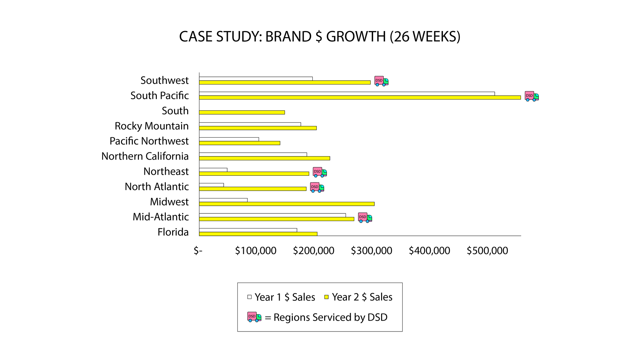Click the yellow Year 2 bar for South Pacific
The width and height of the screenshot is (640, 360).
pyautogui.click(x=360, y=98)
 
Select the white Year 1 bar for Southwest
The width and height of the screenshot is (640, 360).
pyautogui.click(x=256, y=79)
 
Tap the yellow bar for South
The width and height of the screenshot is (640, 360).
pyautogui.click(x=242, y=112)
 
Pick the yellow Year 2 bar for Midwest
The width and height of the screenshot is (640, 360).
pyautogui.click(x=286, y=204)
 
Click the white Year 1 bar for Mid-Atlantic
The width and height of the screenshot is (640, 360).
pyautogui.click(x=272, y=215)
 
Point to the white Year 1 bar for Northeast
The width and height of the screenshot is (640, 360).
pyautogui.click(x=213, y=170)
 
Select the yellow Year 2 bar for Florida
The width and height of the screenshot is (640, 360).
pyautogui.click(x=258, y=234)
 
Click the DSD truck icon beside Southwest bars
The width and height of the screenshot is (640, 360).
pyautogui.click(x=381, y=81)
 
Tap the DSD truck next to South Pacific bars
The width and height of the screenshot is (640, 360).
pyautogui.click(x=532, y=96)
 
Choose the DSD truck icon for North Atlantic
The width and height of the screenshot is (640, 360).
pyautogui.click(x=317, y=187)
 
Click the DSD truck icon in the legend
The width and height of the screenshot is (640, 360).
pyautogui.click(x=254, y=317)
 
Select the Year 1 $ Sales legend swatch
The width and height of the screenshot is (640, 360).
pyautogui.click(x=250, y=297)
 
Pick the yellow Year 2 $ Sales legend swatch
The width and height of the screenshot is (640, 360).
pyautogui.click(x=326, y=297)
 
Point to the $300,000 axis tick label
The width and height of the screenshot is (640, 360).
pyautogui.click(x=372, y=251)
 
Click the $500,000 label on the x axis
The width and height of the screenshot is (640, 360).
pyautogui.click(x=487, y=251)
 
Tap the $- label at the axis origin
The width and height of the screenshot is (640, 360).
pyautogui.click(x=198, y=251)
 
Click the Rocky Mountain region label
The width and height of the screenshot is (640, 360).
pyautogui.click(x=152, y=126)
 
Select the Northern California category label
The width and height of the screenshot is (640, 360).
pyautogui.click(x=145, y=156)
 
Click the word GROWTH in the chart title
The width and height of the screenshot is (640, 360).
pyautogui.click(x=356, y=37)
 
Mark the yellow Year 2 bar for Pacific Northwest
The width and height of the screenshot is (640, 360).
pyautogui.click(x=239, y=143)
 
